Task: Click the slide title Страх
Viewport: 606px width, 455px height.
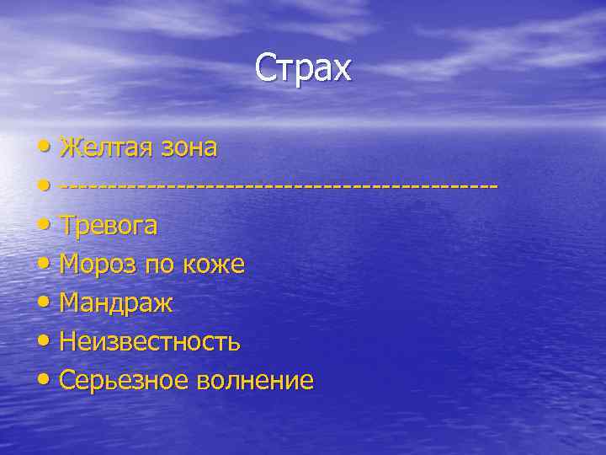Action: pos(303,67)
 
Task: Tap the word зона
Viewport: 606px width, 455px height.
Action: pos(189,147)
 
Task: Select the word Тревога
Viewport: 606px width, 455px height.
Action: pos(109,225)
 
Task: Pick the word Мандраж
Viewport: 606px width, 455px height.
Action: pos(116,303)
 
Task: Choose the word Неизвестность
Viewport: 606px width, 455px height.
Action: pos(151,342)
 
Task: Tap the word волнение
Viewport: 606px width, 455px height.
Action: pos(255,381)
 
